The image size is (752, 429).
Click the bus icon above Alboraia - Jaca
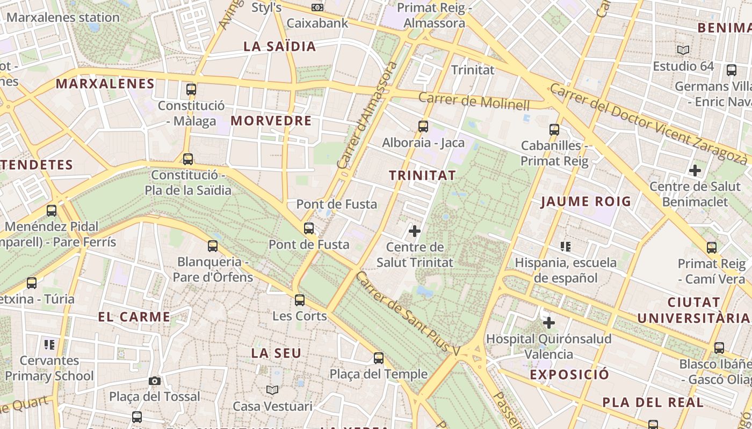(423, 127)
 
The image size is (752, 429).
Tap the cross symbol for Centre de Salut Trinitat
(415, 231)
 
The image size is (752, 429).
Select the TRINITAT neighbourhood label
(422, 175)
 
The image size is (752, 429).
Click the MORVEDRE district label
(271, 121)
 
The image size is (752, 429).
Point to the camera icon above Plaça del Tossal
(155, 381)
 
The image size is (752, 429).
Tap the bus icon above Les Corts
(300, 300)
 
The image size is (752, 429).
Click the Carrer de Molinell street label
(474, 101)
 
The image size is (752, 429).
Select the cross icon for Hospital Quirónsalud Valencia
(549, 323)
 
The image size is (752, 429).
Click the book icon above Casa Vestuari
(272, 390)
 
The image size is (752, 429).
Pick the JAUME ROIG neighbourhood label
(586, 202)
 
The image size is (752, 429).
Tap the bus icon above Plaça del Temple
(379, 358)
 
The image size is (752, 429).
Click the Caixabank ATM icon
(317, 8)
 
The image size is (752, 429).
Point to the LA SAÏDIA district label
(280, 47)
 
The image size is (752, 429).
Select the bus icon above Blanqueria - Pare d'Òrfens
(213, 246)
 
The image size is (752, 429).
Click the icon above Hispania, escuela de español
(565, 247)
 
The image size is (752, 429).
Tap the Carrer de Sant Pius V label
(408, 314)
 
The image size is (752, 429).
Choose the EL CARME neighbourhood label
(134, 317)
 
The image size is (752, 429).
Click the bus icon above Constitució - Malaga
(191, 90)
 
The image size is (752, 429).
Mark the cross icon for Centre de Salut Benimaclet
(695, 171)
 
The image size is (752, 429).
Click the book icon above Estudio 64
(683, 50)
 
